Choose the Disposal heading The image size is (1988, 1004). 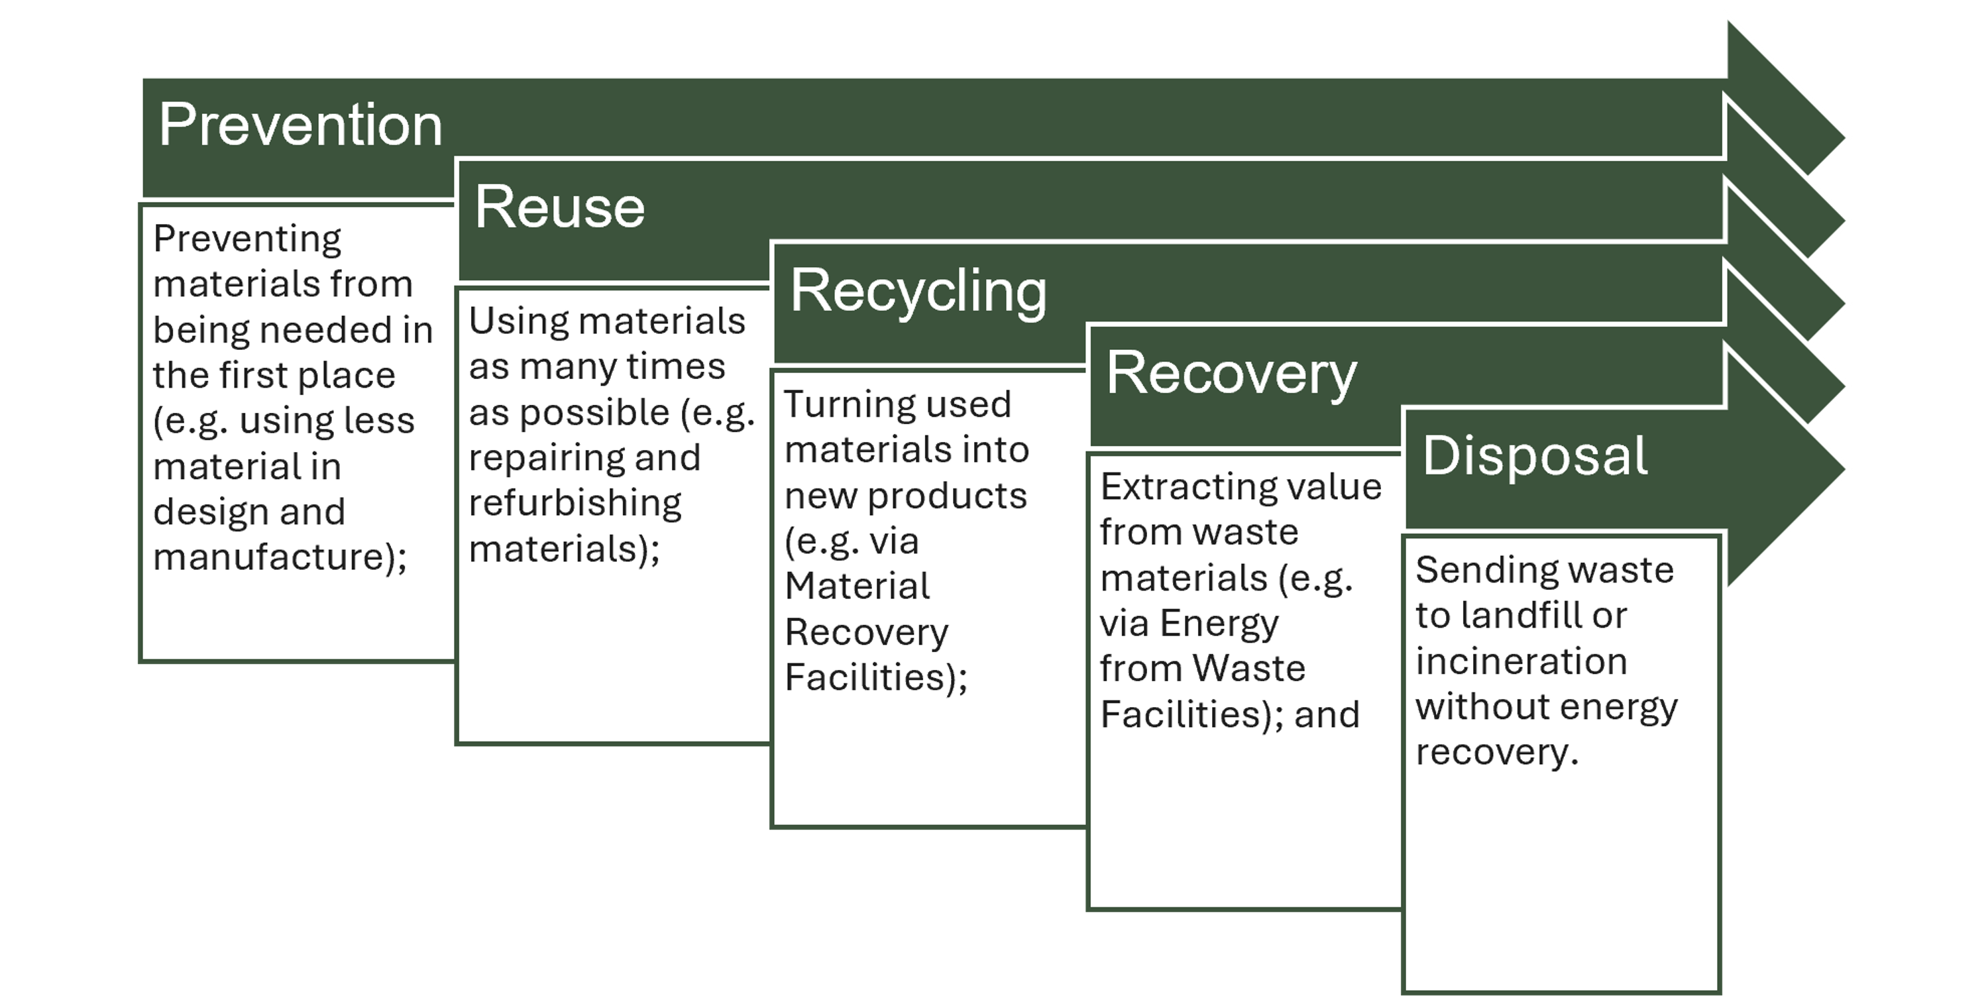pos(1535,457)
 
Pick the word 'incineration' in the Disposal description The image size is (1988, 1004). pos(1521,661)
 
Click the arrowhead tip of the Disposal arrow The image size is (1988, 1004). pos(1844,469)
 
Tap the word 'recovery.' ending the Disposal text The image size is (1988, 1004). pos(1496,752)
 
